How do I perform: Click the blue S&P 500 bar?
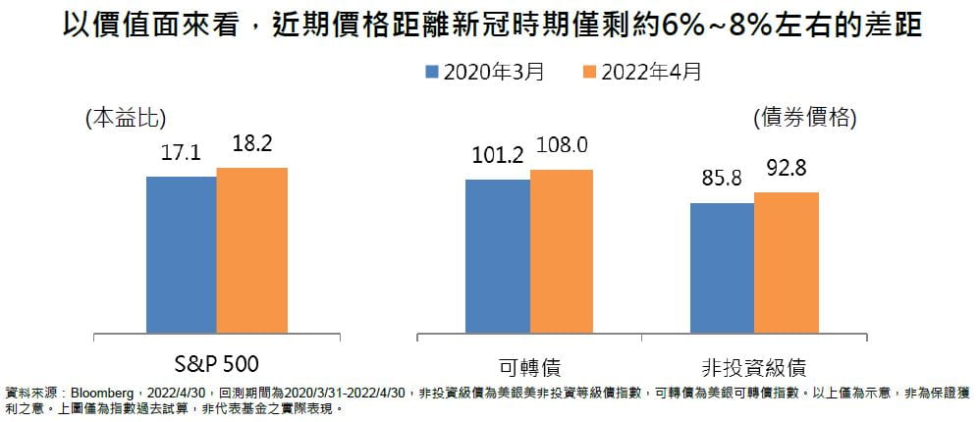(x=182, y=255)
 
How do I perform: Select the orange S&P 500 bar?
(x=252, y=250)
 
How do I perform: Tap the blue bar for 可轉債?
(x=498, y=256)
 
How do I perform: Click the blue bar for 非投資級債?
(x=722, y=268)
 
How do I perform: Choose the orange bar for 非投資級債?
(x=787, y=262)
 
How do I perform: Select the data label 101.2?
(x=498, y=155)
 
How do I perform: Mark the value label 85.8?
(x=722, y=179)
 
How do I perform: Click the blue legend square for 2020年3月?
(x=431, y=72)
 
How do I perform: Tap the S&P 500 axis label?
(x=216, y=365)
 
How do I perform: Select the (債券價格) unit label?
(x=804, y=118)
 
